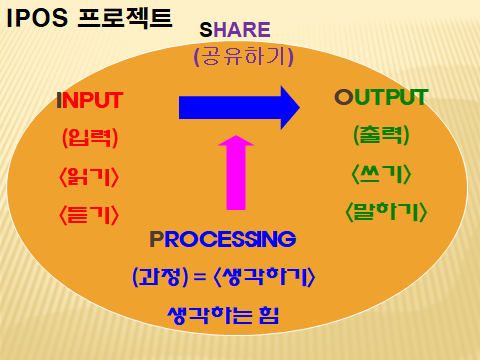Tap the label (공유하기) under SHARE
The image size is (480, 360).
coord(244,57)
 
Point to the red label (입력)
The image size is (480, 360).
coord(90,138)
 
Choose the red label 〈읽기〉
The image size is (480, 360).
coord(90,176)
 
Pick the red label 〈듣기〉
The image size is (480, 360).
coord(90,213)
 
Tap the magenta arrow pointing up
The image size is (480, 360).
coord(236,172)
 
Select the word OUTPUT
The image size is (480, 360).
coord(381,98)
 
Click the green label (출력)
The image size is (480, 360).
coord(381,135)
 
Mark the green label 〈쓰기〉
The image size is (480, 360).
coord(381,173)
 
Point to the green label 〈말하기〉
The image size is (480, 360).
coord(386,211)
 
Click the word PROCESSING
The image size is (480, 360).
coord(222,239)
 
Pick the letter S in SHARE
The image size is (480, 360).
coord(206,30)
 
